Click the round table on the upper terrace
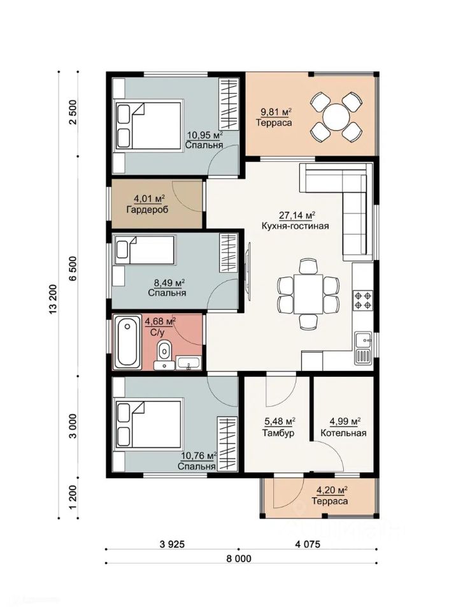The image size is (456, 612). click(336, 116)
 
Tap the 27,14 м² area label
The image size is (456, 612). click(297, 215)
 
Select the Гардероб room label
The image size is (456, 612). click(148, 210)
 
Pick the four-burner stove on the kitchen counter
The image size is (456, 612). click(363, 300)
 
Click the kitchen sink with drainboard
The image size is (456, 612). click(363, 348)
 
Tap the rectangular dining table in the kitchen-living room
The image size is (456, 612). click(308, 294)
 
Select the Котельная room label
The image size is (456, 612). click(343, 433)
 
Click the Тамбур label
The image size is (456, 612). click(278, 433)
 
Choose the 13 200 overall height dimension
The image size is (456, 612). click(53, 298)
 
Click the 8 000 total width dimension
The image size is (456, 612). click(239, 558)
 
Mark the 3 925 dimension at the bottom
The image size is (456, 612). click(172, 544)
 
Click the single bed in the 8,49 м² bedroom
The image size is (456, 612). click(145, 250)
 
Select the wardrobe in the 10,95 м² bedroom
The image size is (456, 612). click(228, 104)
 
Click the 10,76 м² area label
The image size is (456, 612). click(199, 456)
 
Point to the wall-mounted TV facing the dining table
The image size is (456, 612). click(248, 271)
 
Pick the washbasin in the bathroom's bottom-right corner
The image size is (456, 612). click(189, 363)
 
